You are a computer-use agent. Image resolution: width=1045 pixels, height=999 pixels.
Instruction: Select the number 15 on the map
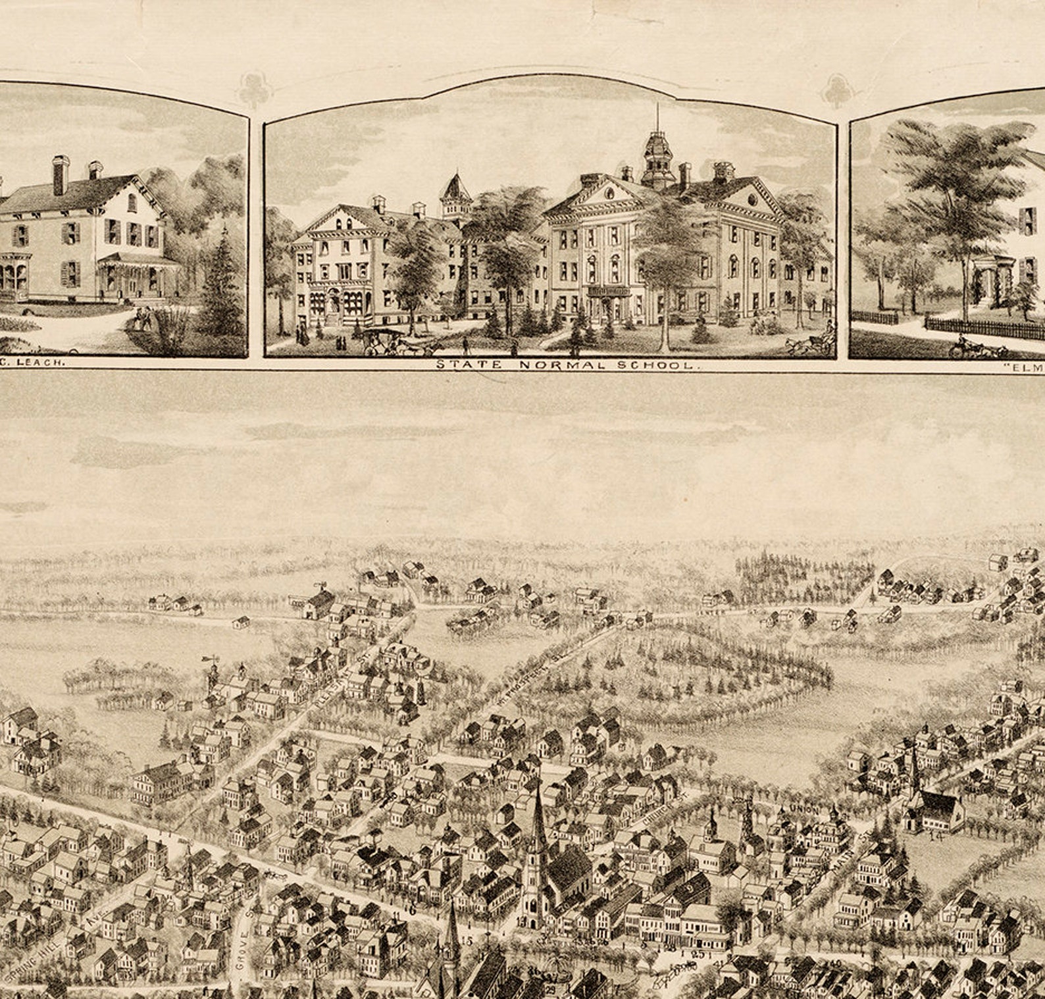(x=467, y=942)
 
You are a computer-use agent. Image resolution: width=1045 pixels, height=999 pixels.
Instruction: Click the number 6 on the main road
(x=413, y=911)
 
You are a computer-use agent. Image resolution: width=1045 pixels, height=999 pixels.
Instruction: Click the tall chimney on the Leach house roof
(x=61, y=174)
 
